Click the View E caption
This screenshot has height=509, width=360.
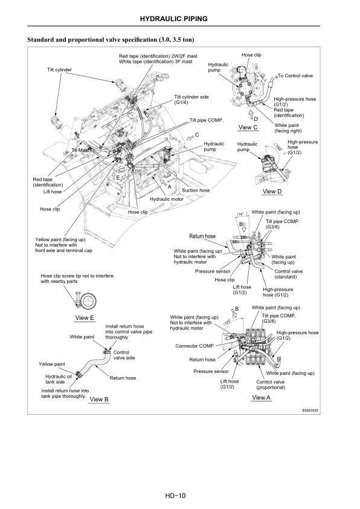pos(85,317)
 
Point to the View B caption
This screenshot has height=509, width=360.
pos(98,399)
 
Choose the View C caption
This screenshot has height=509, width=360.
pos(248,127)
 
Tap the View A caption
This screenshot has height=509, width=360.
pos(262,397)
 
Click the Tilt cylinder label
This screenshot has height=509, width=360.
pos(59,70)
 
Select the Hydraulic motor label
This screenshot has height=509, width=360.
pos(166,199)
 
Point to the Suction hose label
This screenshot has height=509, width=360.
pos(196,190)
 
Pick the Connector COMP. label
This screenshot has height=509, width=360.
pos(195,346)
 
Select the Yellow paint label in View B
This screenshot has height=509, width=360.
pos(52,365)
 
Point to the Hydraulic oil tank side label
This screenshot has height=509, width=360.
pos(59,379)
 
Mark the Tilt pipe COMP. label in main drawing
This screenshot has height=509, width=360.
pos(207,120)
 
